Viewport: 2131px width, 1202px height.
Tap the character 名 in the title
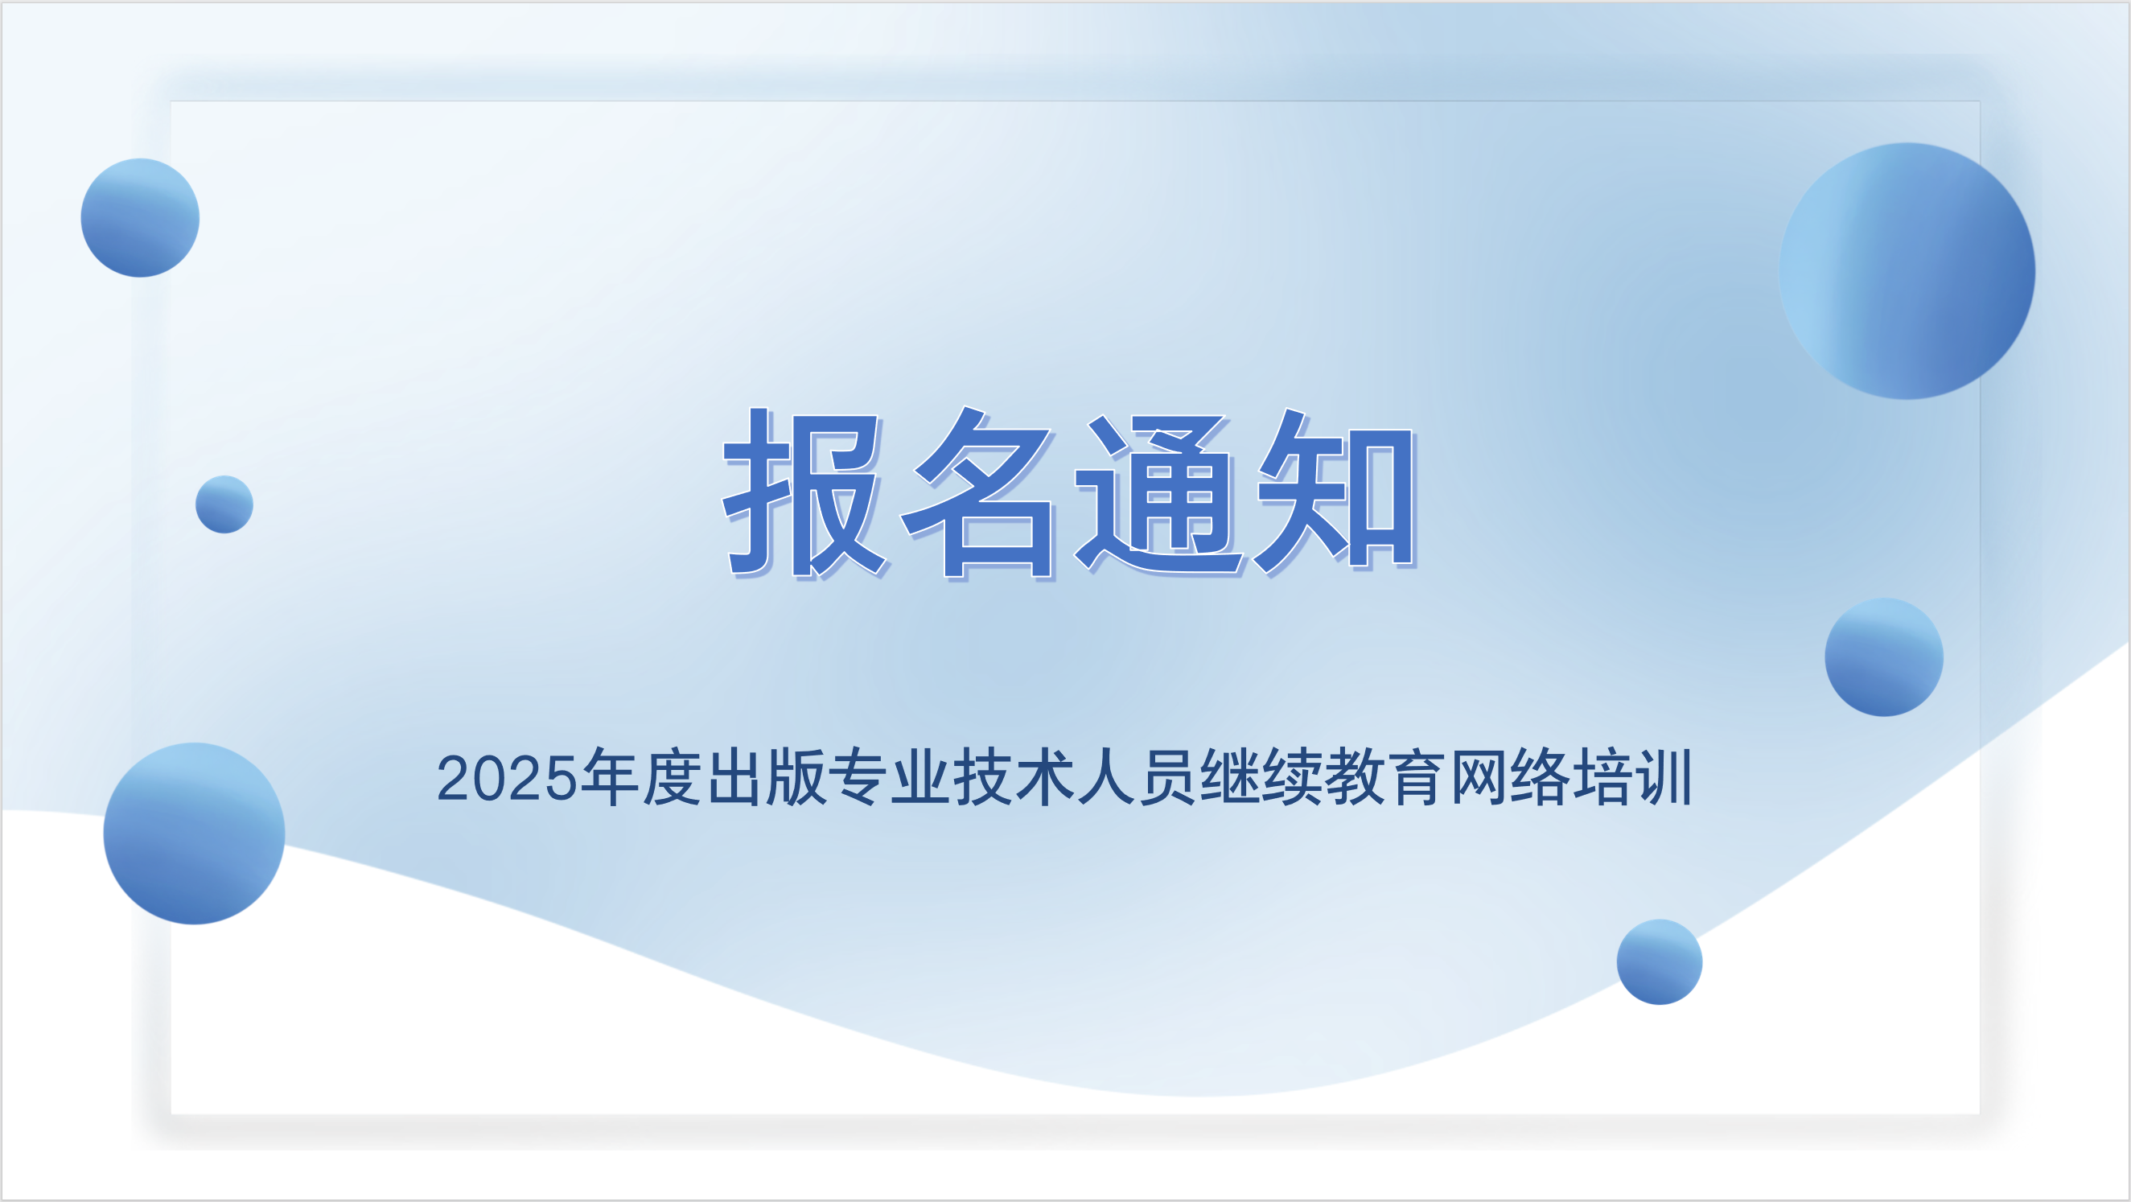[x=980, y=493]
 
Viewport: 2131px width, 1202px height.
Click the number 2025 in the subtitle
[x=506, y=779]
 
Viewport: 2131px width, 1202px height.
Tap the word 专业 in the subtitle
[x=890, y=776]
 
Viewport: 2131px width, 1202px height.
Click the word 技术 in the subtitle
[x=1014, y=776]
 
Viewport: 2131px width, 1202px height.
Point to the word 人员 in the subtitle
[x=1137, y=776]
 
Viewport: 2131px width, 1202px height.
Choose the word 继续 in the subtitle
[x=1261, y=776]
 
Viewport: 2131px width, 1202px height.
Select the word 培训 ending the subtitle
[x=1632, y=776]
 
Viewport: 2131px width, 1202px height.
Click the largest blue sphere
[x=1907, y=271]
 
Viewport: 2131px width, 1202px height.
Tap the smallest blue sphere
[x=224, y=504]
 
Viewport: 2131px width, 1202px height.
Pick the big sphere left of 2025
[x=195, y=833]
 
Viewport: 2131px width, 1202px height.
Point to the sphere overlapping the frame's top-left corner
[x=140, y=217]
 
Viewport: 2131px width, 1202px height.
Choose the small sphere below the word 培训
[x=1660, y=962]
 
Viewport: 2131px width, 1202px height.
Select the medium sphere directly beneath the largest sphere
[x=1884, y=657]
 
